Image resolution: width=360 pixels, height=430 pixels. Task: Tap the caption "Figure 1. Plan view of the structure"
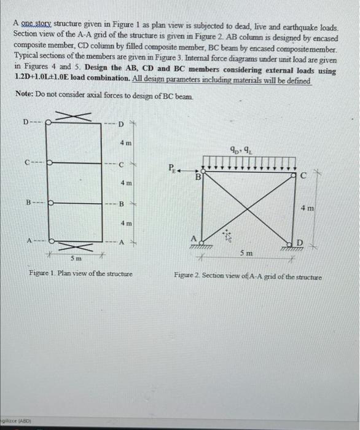point(80,272)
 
